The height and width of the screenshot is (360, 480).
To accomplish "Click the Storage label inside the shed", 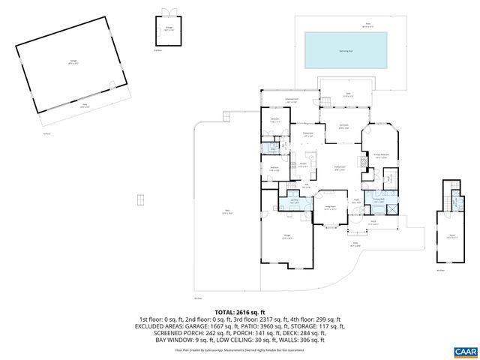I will coord(169,30).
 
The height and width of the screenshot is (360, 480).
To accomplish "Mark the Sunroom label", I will coord(343,127).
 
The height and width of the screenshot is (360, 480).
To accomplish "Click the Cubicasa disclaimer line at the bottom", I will coord(239,349).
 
